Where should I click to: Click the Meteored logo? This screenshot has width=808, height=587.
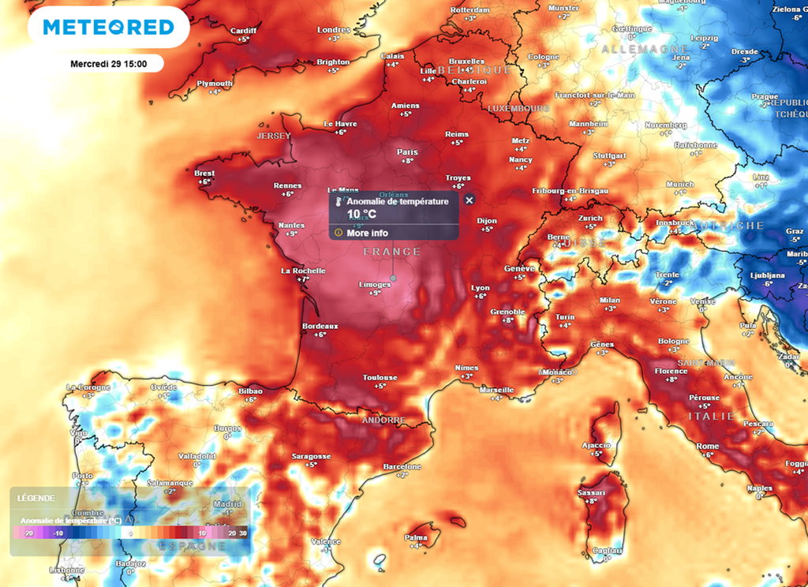pyautogui.click(x=108, y=27)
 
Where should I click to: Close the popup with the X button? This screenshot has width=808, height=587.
pyautogui.click(x=469, y=200)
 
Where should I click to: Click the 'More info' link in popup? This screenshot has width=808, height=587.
pyautogui.click(x=367, y=233)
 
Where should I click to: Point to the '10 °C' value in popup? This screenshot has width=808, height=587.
pyautogui.click(x=362, y=214)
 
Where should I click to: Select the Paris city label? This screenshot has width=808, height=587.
pyautogui.click(x=407, y=152)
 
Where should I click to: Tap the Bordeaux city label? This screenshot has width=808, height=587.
pyautogui.click(x=320, y=326)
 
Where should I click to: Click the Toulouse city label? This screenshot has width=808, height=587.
pyautogui.click(x=380, y=378)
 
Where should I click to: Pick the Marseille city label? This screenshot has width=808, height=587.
pyautogui.click(x=496, y=390)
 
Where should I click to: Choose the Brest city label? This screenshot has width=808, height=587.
pyautogui.click(x=204, y=174)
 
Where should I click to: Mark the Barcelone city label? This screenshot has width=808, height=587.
pyautogui.click(x=402, y=466)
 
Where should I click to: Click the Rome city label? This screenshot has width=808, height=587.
pyautogui.click(x=708, y=447)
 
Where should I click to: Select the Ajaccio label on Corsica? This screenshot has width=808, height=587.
pyautogui.click(x=597, y=445)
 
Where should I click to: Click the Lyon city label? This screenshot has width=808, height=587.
pyautogui.click(x=480, y=288)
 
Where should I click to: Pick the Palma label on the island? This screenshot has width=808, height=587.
pyautogui.click(x=416, y=537)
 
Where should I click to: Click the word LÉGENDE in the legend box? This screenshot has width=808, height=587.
pyautogui.click(x=36, y=498)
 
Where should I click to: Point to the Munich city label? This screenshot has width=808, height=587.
pyautogui.click(x=680, y=184)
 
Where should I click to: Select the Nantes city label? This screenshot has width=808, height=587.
pyautogui.click(x=292, y=226)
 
